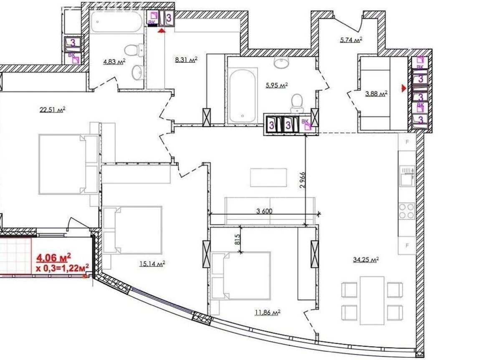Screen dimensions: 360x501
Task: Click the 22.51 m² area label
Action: pyautogui.click(x=53, y=110)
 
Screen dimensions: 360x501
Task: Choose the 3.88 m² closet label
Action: pyautogui.click(x=376, y=93)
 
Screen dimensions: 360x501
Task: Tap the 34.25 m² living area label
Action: pyautogui.click(x=365, y=259)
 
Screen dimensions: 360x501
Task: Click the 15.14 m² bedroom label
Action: pyautogui.click(x=152, y=264)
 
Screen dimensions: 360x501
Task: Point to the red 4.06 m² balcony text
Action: pyautogui.click(x=53, y=257)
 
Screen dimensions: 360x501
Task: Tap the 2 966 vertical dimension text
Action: pyautogui.click(x=303, y=180)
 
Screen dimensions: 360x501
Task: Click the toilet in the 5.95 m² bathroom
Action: pyautogui.click(x=297, y=103)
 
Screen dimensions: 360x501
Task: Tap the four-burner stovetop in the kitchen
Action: pyautogui.click(x=407, y=211)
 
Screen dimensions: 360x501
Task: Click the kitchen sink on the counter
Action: pyautogui.click(x=407, y=175)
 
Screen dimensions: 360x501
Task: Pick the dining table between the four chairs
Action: pyautogui.click(x=372, y=300)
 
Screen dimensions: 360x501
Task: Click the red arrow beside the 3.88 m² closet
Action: pyautogui.click(x=403, y=88)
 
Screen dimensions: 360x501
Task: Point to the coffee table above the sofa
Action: pyautogui.click(x=268, y=177)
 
